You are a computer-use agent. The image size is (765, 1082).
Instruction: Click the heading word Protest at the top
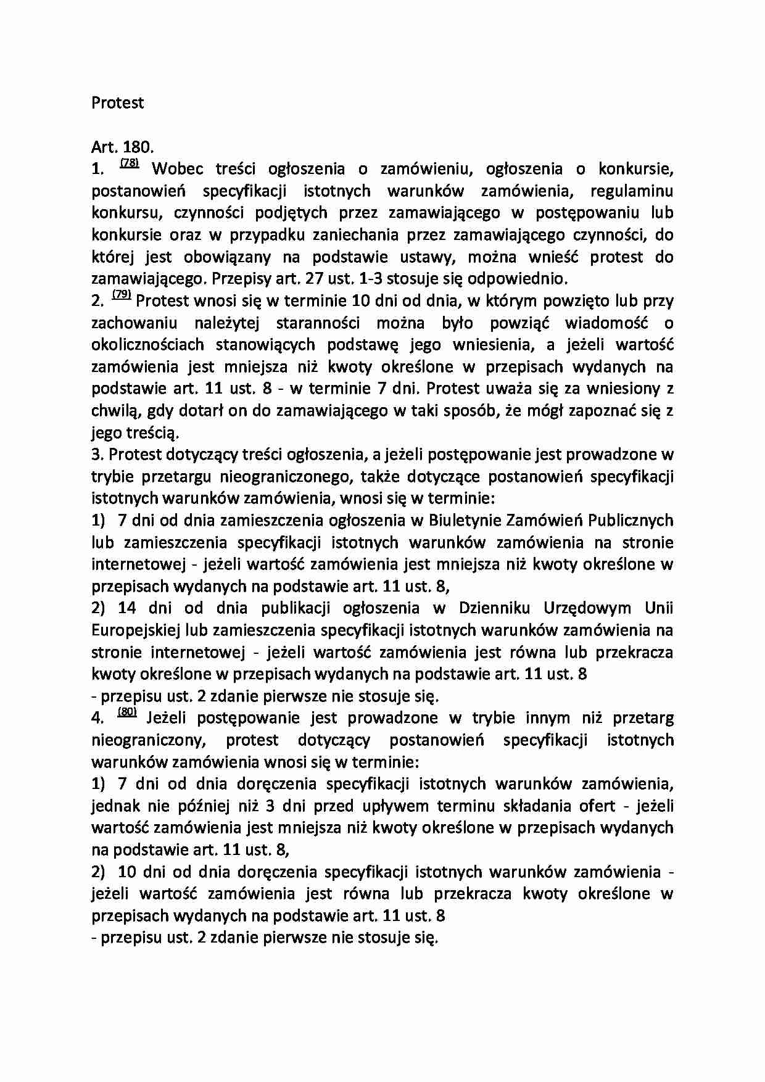tap(117, 103)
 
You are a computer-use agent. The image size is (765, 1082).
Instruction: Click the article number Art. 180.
tap(122, 147)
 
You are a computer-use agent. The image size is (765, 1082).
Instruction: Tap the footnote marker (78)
tap(130, 163)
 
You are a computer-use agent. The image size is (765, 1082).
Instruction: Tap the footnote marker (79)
tap(122, 295)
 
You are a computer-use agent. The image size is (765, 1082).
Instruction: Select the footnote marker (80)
tap(126, 713)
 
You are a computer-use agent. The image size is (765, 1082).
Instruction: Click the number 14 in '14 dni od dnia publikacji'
tap(126, 608)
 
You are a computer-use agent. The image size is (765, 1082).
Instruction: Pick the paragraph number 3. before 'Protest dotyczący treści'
tap(96, 455)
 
